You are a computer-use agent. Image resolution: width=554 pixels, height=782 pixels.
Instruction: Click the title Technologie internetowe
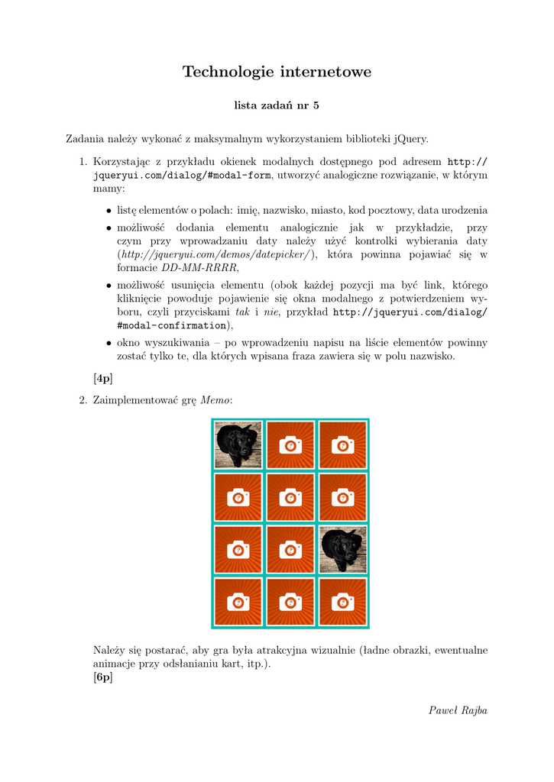277,73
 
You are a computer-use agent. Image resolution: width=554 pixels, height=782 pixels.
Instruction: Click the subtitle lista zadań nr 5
277,106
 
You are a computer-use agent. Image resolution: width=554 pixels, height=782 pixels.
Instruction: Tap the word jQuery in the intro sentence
410,139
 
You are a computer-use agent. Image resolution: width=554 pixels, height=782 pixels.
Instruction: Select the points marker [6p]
102,677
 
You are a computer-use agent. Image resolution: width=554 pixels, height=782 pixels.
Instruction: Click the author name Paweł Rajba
458,710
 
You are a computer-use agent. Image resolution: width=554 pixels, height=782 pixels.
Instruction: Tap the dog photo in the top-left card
238,444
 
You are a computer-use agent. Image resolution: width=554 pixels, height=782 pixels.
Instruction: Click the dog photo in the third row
343,549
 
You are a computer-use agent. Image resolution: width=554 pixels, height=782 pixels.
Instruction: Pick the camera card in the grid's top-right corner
343,444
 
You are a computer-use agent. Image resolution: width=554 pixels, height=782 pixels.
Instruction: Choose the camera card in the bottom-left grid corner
238,602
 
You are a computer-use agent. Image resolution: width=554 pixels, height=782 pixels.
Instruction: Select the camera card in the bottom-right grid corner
343,602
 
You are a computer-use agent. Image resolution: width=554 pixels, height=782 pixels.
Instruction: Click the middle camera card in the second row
290,497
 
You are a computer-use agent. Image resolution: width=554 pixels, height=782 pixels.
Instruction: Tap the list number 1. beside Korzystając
84,162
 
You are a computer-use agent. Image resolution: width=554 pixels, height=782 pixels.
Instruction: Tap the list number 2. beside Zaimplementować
84,400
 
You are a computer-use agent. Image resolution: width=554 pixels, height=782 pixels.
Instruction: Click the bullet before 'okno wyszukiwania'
109,344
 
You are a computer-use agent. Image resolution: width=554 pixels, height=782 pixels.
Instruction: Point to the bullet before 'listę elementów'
109,211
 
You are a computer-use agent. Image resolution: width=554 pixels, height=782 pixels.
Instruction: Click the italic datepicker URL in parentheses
216,254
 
